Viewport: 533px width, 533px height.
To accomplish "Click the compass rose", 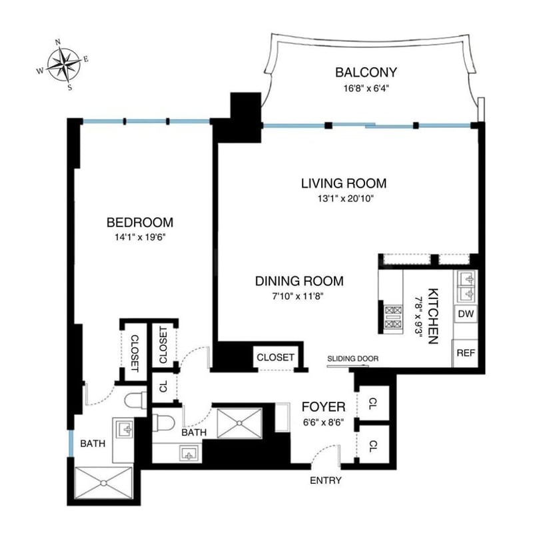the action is [x=63, y=65].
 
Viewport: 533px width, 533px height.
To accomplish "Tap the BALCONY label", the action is [x=366, y=73].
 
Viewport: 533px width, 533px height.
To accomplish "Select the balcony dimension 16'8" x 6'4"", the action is [x=366, y=89].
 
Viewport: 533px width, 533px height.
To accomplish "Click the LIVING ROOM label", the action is [x=344, y=183].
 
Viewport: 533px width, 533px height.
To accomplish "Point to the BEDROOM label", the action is [x=140, y=223].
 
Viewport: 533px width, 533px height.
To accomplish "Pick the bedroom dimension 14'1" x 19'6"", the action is [x=140, y=237].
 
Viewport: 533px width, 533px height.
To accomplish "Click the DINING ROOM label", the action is [x=299, y=281].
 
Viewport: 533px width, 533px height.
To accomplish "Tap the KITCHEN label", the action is [x=432, y=316].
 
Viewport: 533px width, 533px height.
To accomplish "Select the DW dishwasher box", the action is [x=466, y=314].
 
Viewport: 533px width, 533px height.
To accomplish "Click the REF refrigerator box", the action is [x=465, y=353].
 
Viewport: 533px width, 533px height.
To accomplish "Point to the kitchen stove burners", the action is [x=393, y=317].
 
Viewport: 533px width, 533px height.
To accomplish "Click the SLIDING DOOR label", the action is [x=353, y=358].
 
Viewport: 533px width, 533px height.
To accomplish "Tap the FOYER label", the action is [x=323, y=406].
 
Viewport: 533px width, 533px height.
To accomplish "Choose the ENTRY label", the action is [x=326, y=480].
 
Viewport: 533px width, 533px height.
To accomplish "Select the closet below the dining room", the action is [x=275, y=357].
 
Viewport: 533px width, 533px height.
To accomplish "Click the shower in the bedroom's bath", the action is [x=104, y=482].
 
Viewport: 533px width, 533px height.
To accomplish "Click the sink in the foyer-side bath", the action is [x=189, y=453].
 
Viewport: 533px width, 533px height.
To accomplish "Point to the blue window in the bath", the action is [x=71, y=444].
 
